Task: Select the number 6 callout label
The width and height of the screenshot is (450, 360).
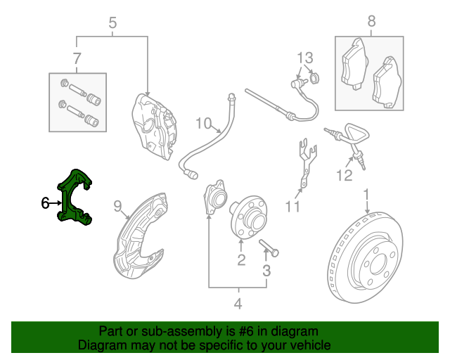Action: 45,203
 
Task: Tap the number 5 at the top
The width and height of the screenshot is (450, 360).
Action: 112,24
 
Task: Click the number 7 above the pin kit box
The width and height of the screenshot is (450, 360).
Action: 77,58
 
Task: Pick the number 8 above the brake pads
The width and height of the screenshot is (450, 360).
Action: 371,22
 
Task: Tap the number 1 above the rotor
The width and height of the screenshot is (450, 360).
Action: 366,193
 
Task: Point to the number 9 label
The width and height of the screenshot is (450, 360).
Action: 118,206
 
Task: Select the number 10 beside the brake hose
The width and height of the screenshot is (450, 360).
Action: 203,124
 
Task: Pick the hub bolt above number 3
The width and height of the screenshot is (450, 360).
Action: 269,247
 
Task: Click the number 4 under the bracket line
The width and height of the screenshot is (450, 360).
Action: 238,304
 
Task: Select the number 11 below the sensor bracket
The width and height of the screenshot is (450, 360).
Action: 292,207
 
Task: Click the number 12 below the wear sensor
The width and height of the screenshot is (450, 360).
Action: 344,176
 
